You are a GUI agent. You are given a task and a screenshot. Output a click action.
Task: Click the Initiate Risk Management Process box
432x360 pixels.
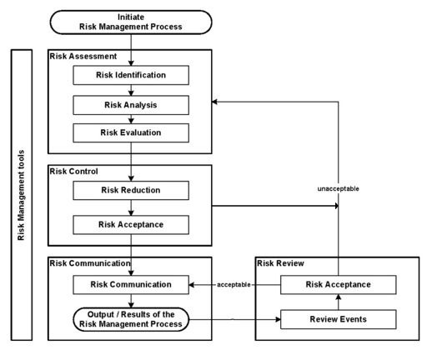(130, 22)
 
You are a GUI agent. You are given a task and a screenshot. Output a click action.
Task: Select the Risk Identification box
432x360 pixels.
(130, 75)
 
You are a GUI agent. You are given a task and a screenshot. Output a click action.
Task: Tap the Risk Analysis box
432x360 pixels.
(130, 106)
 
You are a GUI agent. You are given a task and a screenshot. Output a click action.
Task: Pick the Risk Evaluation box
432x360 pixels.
(130, 132)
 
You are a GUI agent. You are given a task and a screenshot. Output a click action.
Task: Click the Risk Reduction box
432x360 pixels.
(130, 190)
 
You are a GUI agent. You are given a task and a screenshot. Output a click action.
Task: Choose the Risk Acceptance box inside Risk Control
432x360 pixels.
(130, 223)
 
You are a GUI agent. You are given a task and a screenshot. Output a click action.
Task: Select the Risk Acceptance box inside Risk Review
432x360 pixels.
(338, 285)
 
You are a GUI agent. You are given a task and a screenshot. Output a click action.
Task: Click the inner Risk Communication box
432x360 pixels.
(130, 284)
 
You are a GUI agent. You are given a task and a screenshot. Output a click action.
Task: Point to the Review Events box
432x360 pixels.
(338, 317)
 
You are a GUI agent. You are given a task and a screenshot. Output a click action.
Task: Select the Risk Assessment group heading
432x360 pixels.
(83, 57)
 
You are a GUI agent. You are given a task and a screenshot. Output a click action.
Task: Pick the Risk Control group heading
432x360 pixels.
(75, 171)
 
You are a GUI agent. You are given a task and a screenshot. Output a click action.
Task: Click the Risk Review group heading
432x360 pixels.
(282, 263)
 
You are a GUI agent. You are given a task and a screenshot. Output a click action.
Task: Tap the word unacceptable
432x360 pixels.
(338, 188)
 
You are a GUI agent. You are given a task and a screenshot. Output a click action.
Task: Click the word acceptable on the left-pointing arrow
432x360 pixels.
(235, 285)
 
